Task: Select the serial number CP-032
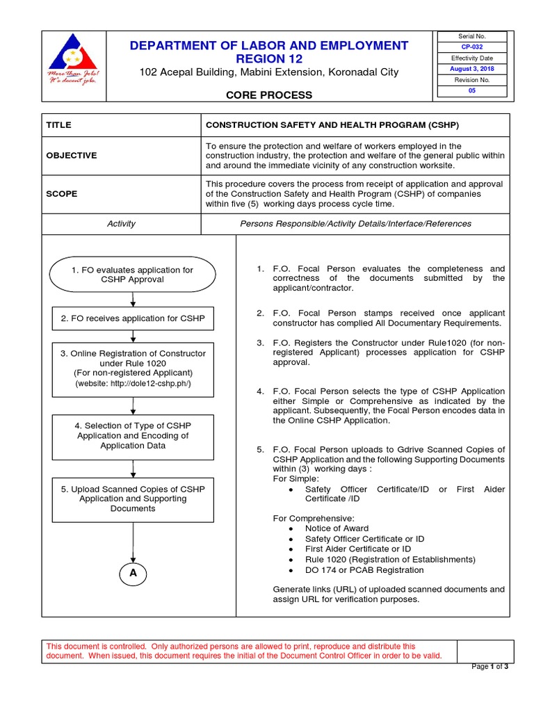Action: pos(471,47)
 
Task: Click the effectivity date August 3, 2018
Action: pos(471,70)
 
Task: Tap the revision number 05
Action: pos(471,91)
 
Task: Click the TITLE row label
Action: pos(59,125)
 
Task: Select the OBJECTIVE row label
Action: pos(71,156)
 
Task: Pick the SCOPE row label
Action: pos(62,194)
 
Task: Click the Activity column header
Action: pos(121,224)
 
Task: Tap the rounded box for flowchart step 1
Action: pos(132,275)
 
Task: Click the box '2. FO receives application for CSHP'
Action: pos(132,318)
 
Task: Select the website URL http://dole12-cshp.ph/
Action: pos(132,383)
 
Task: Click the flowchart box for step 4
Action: pos(132,436)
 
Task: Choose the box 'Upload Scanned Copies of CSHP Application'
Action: pos(132,499)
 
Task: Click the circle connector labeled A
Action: pos(132,573)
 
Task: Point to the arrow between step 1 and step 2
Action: pos(132,300)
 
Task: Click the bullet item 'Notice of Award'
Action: pos(337,528)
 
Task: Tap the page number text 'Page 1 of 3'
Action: pos(490,667)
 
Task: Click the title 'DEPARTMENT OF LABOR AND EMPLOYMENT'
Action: pos(268,46)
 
